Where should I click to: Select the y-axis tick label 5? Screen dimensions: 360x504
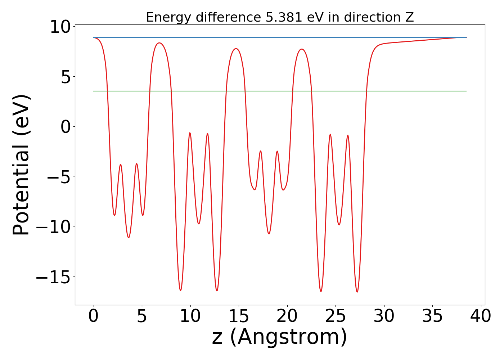coord(66,77)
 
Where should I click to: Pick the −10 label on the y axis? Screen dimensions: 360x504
coord(54,227)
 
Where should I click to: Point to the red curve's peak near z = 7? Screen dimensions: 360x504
coord(159,43)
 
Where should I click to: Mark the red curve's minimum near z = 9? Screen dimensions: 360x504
coord(180,290)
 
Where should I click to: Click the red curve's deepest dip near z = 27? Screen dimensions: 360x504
coord(357,292)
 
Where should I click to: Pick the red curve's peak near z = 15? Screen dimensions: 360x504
coord(236,49)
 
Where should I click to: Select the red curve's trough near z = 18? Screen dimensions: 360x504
coord(269,234)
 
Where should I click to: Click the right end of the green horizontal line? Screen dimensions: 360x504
coord(466,91)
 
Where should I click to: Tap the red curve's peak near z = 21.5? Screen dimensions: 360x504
coord(302,49)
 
